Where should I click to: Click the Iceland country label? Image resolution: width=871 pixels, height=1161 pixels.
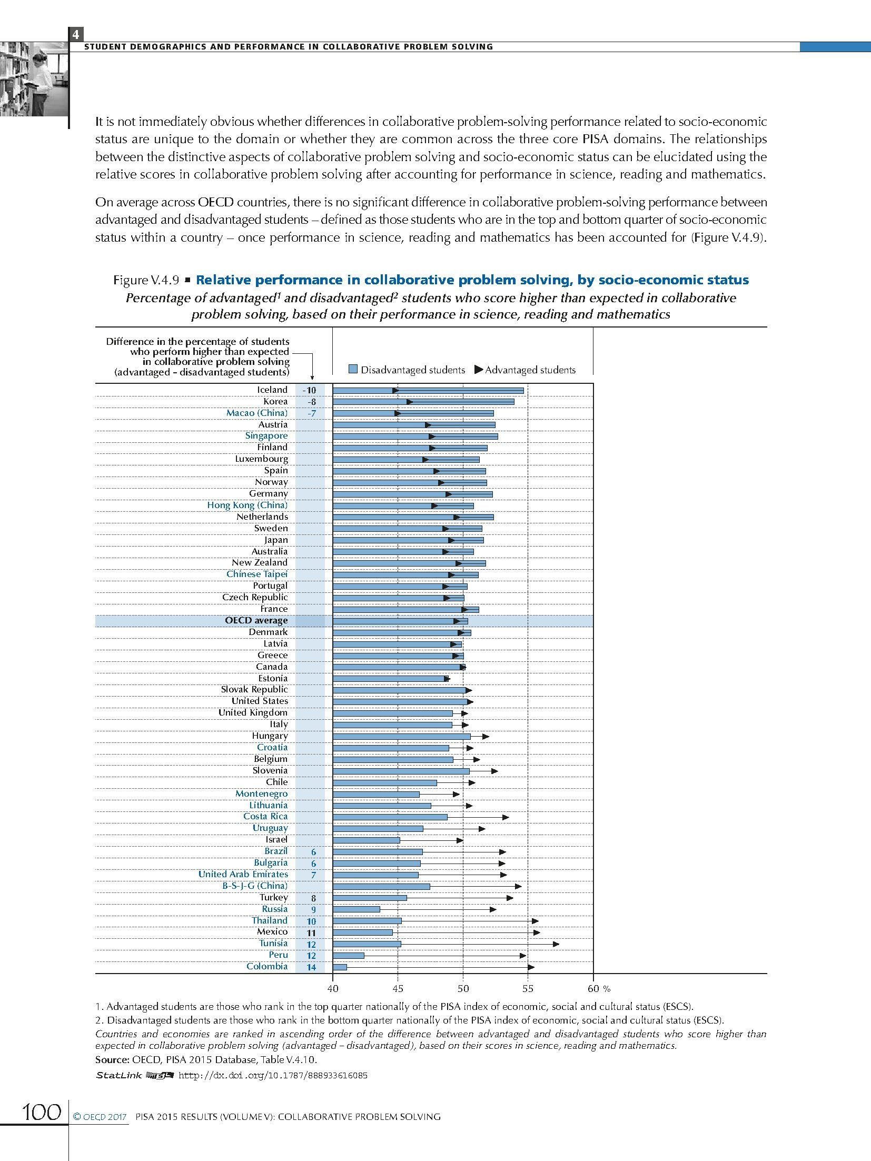[x=272, y=390]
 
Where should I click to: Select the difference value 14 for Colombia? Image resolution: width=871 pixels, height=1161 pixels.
[x=311, y=967]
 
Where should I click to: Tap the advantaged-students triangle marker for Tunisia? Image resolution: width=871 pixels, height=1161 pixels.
[x=556, y=944]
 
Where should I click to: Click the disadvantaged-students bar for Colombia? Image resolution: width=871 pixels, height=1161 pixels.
[x=340, y=967]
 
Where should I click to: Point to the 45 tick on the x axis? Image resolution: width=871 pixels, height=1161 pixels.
[x=398, y=988]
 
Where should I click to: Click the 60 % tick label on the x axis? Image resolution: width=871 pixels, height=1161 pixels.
[x=598, y=988]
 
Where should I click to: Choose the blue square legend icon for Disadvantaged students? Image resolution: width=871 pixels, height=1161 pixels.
[x=353, y=370]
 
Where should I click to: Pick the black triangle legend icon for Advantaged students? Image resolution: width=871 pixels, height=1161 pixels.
[x=478, y=370]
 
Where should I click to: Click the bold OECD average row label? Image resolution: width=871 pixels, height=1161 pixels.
[x=256, y=620]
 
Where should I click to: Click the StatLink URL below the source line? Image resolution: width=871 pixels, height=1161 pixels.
[x=273, y=1075]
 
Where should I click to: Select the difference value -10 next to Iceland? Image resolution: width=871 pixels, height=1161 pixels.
[x=310, y=390]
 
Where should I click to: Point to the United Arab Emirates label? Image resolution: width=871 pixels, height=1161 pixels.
[x=243, y=874]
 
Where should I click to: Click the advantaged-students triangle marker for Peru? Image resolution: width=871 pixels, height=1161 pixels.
[x=523, y=955]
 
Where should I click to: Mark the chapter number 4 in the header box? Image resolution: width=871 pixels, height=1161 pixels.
[x=76, y=35]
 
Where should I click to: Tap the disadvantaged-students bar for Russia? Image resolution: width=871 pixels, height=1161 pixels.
[x=356, y=909]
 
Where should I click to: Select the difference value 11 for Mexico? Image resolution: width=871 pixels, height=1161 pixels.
[x=311, y=932]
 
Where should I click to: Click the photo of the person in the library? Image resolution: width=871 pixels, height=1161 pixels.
[x=34, y=79]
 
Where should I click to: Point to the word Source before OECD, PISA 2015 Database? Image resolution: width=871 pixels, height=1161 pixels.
[x=112, y=1059]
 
